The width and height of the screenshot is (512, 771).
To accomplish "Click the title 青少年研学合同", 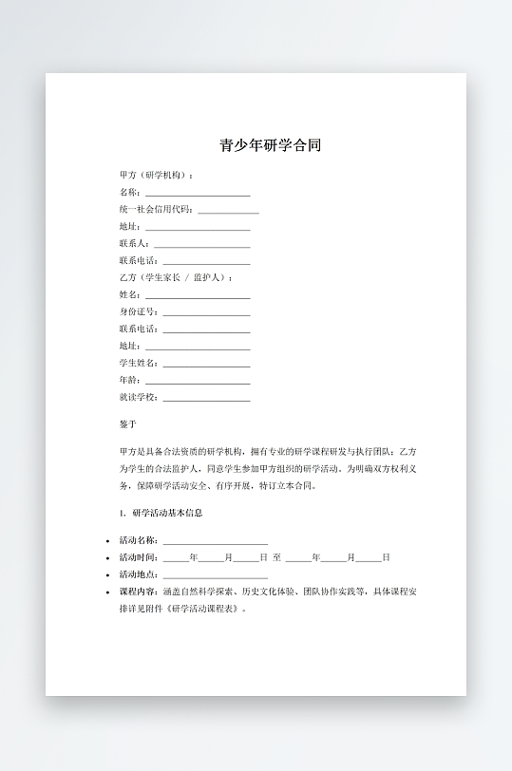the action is click(271, 146).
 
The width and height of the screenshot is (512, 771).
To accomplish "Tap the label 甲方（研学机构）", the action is click(156, 176).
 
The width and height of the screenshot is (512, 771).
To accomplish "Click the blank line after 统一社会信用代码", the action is click(228, 212).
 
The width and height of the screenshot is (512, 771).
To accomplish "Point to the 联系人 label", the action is click(133, 244).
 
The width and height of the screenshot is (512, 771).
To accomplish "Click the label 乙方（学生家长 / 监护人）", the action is click(175, 278).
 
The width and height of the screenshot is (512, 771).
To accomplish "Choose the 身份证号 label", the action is click(138, 312).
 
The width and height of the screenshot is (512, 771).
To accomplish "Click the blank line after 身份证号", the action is click(206, 314).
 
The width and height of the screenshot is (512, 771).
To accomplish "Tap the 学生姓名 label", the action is click(138, 364).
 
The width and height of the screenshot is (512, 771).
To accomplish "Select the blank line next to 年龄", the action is click(198, 383).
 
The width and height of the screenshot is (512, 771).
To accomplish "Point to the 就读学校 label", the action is click(138, 398).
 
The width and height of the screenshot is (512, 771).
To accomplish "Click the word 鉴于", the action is click(128, 424).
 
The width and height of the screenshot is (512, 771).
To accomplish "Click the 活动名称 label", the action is click(138, 540).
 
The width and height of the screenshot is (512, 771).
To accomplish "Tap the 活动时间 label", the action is click(138, 557).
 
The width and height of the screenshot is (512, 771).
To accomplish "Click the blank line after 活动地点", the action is click(215, 576).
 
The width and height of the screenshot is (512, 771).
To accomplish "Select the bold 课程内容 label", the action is click(138, 592).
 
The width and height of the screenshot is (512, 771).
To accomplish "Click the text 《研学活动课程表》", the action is click(203, 609).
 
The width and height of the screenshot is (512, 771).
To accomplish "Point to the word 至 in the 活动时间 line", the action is click(276, 557).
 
